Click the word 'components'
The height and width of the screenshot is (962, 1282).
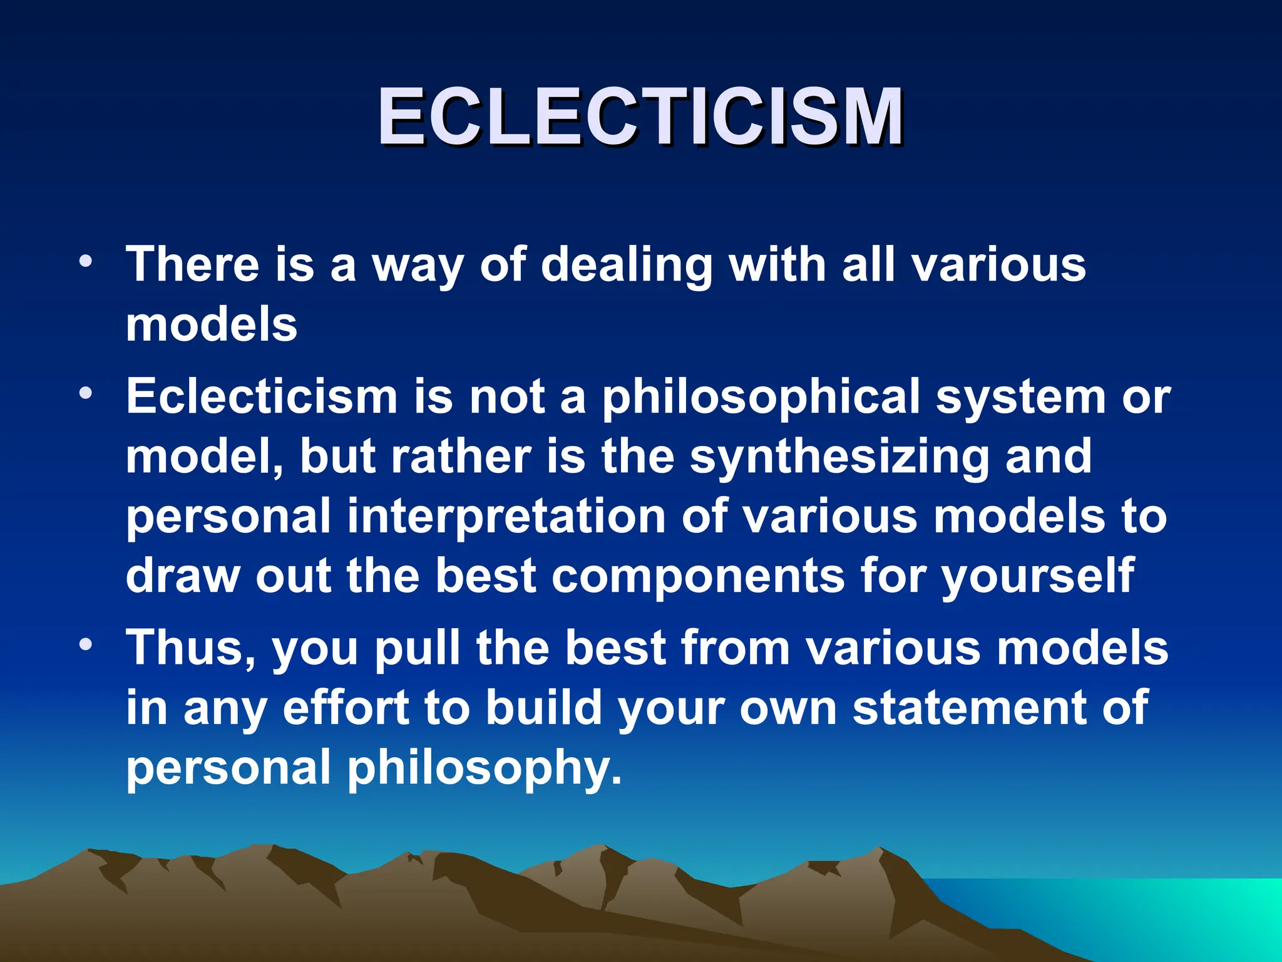point(697,576)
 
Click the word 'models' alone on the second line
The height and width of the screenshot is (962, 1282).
point(212,326)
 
